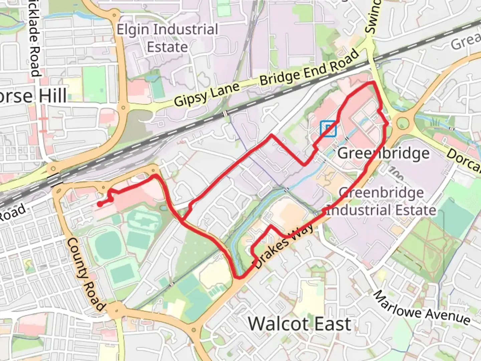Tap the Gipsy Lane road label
point(207,95)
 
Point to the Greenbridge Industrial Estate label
point(381,202)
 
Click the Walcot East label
point(300,324)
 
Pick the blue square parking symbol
point(328,129)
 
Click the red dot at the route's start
point(100,204)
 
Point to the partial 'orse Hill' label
point(33,96)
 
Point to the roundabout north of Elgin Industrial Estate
point(115,15)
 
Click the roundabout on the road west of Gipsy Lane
point(123,108)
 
